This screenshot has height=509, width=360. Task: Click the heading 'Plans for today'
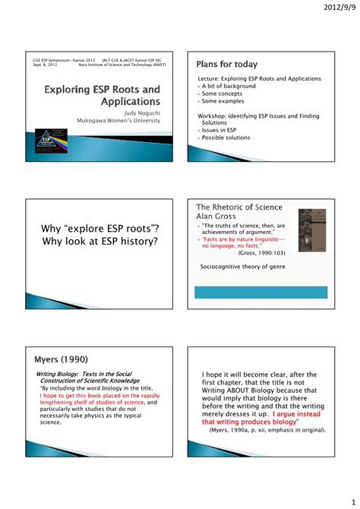pyautogui.click(x=227, y=64)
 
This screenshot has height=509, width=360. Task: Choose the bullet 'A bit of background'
pyautogui.click(x=229, y=87)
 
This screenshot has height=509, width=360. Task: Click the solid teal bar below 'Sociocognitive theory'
pyautogui.click(x=261, y=292)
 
